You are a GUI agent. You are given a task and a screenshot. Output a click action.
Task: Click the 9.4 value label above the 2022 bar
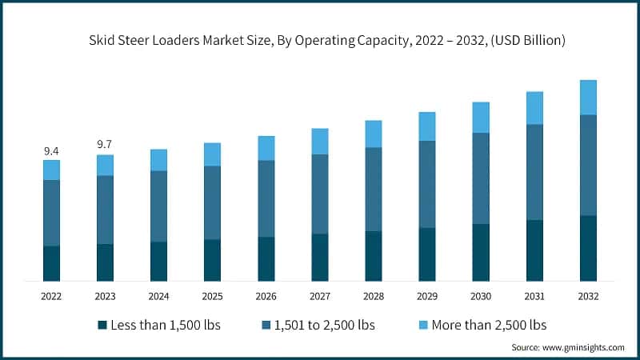pos(51,151)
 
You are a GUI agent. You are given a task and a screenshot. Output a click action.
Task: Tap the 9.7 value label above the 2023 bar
pos(105,145)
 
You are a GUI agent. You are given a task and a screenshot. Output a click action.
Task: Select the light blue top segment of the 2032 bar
pos(588,98)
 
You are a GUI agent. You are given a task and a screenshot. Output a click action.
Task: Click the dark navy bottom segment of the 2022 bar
pos(51,263)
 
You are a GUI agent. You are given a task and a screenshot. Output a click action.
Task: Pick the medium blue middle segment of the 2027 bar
pos(320,194)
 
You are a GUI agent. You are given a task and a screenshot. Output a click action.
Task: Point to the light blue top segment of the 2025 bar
pos(212,154)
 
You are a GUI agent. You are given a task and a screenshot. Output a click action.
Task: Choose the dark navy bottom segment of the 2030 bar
pos(481,252)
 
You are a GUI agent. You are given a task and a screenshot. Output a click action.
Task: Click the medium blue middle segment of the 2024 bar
pos(158,206)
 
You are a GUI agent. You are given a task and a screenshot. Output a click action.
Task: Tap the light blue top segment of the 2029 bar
pos(427,126)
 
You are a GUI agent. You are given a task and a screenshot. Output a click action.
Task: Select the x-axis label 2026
pos(266,296)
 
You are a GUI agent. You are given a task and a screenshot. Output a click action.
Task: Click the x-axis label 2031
pos(534,296)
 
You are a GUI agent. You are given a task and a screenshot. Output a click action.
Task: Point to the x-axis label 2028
pos(374,296)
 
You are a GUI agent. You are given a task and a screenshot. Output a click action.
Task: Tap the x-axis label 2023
pos(105,296)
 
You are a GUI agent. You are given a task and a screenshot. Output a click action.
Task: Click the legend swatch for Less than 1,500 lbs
pos(102,326)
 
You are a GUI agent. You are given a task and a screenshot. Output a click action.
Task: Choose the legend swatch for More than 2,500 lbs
pos(423,326)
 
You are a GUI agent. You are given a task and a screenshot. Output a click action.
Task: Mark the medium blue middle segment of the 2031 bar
pos(534,172)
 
